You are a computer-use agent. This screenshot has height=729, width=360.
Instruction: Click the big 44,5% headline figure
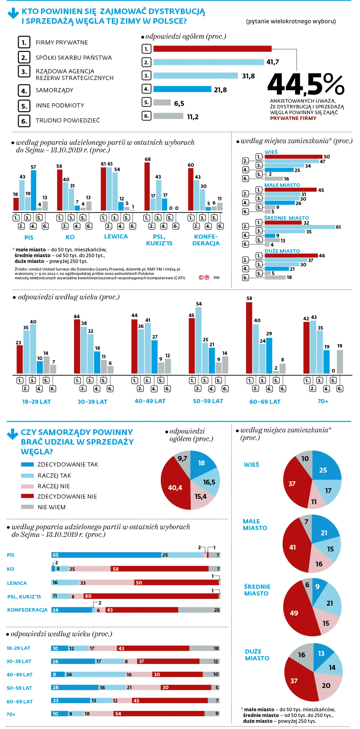click(x=306, y=84)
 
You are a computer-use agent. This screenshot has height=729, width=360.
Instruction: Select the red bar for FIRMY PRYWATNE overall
click(x=212, y=49)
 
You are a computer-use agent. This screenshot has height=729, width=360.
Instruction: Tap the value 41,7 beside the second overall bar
click(x=273, y=62)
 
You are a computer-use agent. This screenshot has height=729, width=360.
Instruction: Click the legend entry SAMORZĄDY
click(x=54, y=90)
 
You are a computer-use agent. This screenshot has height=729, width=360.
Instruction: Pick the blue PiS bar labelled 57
click(x=33, y=190)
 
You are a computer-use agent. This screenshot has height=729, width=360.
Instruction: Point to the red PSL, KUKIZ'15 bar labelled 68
click(x=147, y=186)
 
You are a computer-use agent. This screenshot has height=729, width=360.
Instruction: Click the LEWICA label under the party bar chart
click(x=116, y=236)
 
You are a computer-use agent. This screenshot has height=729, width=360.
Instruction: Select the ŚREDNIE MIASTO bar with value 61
click(x=300, y=227)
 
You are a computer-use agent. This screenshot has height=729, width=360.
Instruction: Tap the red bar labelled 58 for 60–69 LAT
click(x=249, y=338)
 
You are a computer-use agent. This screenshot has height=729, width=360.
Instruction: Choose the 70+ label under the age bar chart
click(x=323, y=401)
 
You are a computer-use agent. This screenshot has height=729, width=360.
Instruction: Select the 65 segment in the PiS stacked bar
click(x=106, y=555)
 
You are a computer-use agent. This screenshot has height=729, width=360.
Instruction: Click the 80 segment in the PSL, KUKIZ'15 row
click(x=151, y=596)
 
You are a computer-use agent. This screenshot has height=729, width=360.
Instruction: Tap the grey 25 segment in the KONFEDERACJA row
click(x=199, y=610)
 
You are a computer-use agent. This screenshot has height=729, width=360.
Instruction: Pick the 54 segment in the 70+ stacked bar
click(x=159, y=713)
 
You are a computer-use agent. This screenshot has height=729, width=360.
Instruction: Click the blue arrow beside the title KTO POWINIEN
click(x=13, y=13)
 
